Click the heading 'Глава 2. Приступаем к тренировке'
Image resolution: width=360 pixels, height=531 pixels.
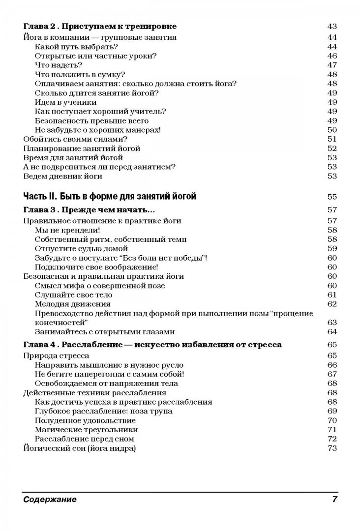pyautogui.click(x=100, y=27)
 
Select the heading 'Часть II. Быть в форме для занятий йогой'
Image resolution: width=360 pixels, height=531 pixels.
pyautogui.click(x=110, y=197)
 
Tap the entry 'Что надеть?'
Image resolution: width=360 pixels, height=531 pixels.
pyautogui.click(x=59, y=65)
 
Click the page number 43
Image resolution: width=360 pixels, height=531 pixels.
pyautogui.click(x=331, y=27)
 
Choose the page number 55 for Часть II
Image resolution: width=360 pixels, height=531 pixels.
pyautogui.click(x=331, y=197)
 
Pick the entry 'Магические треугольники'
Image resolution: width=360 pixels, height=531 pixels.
pyautogui.click(x=79, y=430)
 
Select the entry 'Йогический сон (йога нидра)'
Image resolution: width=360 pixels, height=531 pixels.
pyautogui.click(x=80, y=448)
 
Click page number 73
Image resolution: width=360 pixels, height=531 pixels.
pyautogui.click(x=331, y=448)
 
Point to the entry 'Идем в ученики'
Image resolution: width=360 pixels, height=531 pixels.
pyautogui.click(x=66, y=102)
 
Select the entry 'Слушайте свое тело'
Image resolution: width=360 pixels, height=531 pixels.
pyautogui.click(x=74, y=295)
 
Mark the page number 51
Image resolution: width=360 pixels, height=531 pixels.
pyautogui.click(x=331, y=139)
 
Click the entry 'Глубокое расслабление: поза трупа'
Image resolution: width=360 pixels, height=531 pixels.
pyautogui.click(x=104, y=411)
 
